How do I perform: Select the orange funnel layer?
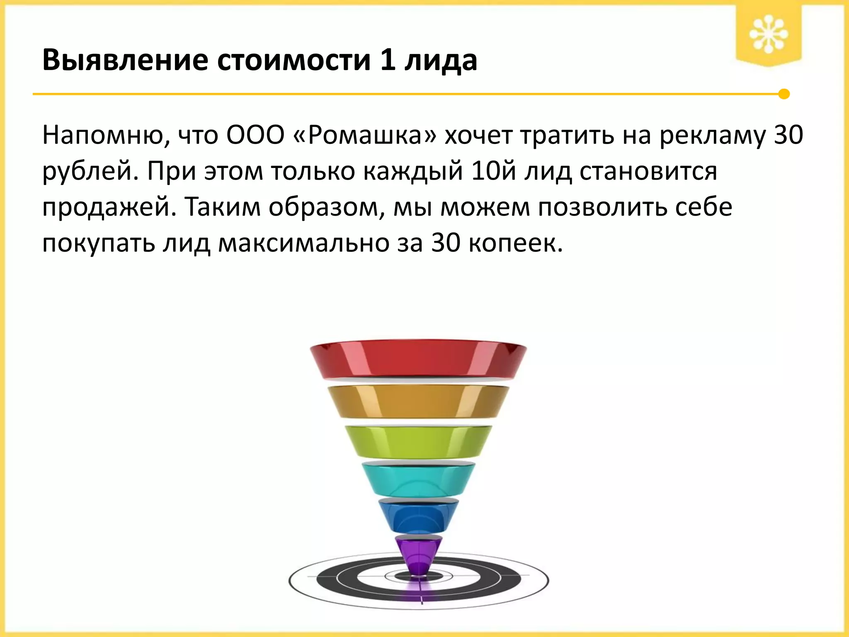tap(418, 401)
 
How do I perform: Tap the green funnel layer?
tap(418, 442)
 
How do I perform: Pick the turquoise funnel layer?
tap(418, 479)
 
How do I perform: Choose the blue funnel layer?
tap(418, 517)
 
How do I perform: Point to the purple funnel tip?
tap(418, 554)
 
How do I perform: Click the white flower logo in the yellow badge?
tap(768, 34)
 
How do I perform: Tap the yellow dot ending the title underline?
tap(784, 94)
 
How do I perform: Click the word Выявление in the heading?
tap(125, 61)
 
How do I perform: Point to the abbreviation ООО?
tap(255, 135)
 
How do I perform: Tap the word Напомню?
tap(106, 135)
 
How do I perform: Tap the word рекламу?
tap(713, 136)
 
